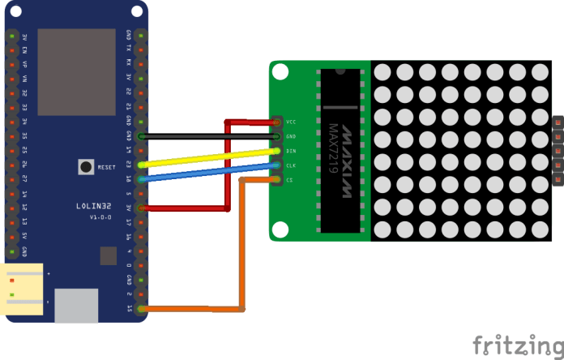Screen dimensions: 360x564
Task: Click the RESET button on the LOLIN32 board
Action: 85,167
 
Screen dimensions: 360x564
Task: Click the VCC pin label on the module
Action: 291,122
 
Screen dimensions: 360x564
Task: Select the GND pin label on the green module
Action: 291,136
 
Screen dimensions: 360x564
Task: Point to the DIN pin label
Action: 291,151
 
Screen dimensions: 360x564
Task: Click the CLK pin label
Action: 291,165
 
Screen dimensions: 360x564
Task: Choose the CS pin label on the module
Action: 289,180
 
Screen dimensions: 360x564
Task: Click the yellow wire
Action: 211,157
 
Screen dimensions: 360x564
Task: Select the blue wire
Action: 211,173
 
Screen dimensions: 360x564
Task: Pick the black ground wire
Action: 211,136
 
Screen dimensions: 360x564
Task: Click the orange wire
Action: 241,243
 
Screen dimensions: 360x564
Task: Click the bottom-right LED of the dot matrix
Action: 540,229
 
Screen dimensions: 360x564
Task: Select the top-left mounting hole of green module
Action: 280,72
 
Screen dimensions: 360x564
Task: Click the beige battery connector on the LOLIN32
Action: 23,289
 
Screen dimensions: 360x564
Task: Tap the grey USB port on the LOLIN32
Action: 75,305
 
